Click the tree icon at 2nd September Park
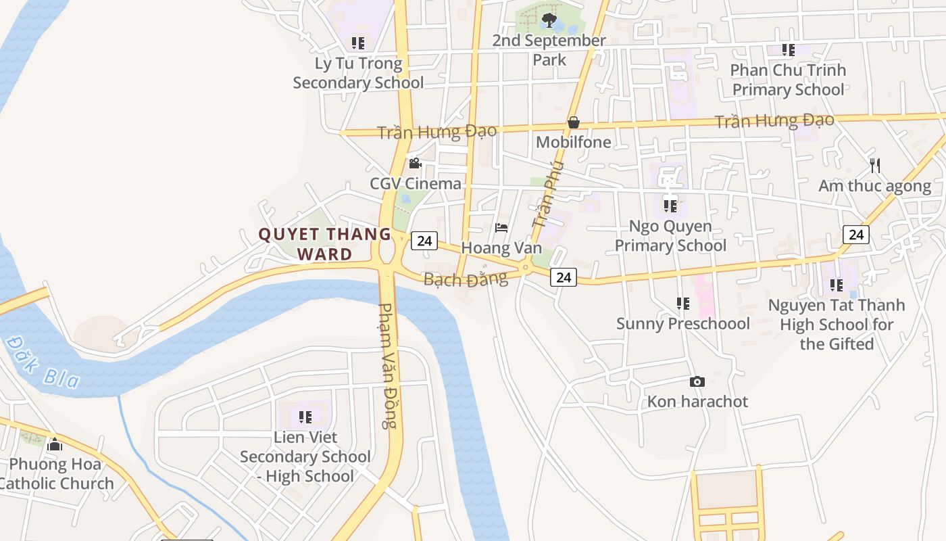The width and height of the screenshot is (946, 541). point(549,20)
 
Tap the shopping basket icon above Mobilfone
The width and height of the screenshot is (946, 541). point(573,122)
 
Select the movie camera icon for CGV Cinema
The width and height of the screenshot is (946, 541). point(415,164)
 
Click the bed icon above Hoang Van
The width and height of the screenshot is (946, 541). point(501,228)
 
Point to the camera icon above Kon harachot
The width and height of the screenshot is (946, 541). point(697,382)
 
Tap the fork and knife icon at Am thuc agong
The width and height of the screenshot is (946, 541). point(875,165)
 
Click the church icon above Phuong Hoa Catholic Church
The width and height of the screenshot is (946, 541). point(55,444)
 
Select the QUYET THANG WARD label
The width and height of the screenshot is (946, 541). point(325,244)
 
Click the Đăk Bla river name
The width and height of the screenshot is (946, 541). point(42,362)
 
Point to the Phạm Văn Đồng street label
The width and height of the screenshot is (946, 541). point(387,365)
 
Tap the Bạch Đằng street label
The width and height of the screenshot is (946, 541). point(465,279)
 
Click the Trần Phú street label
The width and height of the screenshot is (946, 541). point(547,194)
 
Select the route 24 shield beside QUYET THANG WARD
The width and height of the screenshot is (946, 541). point(424,241)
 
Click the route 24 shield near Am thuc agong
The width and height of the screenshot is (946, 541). point(856,235)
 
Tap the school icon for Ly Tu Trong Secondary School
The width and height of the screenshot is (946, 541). point(358,43)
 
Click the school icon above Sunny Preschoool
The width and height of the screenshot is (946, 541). point(683,304)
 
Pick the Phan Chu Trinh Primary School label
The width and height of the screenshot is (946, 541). point(788,80)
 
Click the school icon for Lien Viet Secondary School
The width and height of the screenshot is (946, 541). point(305,417)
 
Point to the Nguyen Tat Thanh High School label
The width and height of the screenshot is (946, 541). point(837,325)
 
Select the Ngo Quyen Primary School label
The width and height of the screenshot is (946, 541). point(670,235)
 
